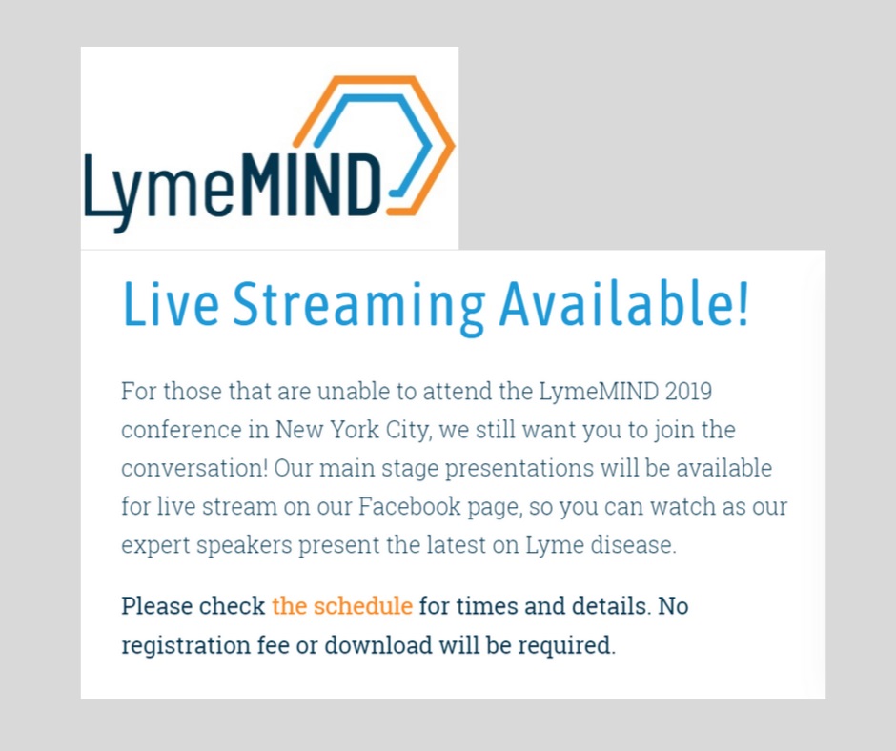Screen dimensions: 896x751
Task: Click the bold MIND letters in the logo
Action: [313, 184]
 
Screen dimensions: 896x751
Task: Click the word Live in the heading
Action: [171, 303]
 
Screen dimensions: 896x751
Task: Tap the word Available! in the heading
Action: [623, 303]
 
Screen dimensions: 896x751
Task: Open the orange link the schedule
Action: [342, 606]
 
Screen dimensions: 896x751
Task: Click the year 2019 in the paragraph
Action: [688, 392]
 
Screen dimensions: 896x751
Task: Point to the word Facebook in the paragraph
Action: [410, 506]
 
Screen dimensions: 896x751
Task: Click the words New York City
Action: [352, 430]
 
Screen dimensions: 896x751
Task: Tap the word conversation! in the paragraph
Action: [194, 468]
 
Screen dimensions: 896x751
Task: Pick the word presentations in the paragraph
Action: [519, 469]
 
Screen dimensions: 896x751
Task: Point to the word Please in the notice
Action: [156, 606]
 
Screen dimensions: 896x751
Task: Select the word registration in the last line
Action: [186, 646]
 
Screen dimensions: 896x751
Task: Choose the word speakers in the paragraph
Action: [245, 546]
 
